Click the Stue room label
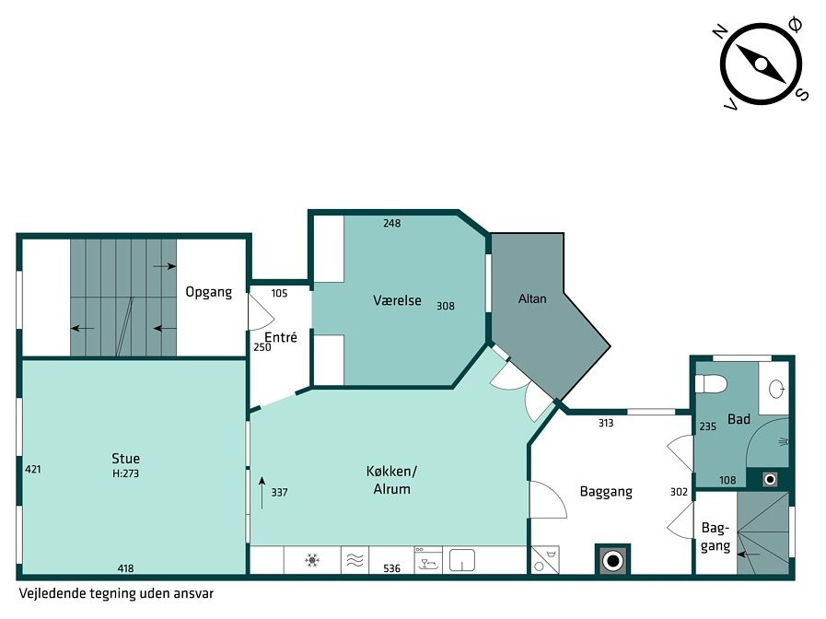tap(125, 459)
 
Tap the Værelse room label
tap(397, 300)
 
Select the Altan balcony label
tap(532, 298)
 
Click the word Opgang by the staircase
tap(209, 292)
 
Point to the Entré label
tap(281, 337)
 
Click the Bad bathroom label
tap(739, 419)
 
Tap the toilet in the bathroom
tap(711, 383)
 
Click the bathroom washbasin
tap(776, 390)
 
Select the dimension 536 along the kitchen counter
tap(392, 568)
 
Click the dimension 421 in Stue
tap(32, 469)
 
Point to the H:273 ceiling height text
tap(125, 473)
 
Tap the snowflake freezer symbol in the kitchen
tap(312, 560)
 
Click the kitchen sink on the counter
tap(462, 561)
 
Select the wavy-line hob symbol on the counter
tap(355, 561)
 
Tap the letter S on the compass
tap(802, 95)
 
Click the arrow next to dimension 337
tap(262, 493)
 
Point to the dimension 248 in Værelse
tap(392, 223)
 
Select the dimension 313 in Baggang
tap(606, 423)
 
